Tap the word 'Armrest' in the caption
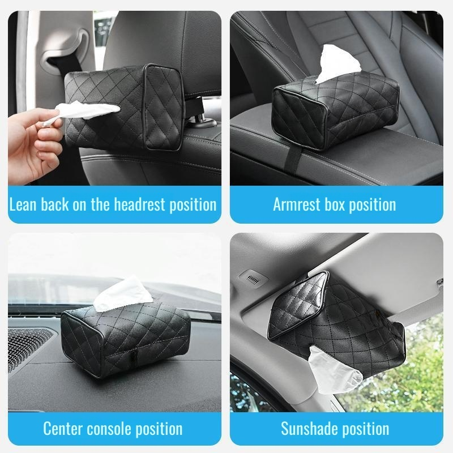tap(297, 204)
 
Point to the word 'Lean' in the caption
tap(23, 204)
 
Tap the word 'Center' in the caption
tap(63, 429)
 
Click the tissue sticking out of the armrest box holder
tap(338, 63)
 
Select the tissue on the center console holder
tap(123, 294)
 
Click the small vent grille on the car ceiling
tap(253, 278)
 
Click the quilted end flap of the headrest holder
tap(163, 107)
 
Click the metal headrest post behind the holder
tap(200, 113)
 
